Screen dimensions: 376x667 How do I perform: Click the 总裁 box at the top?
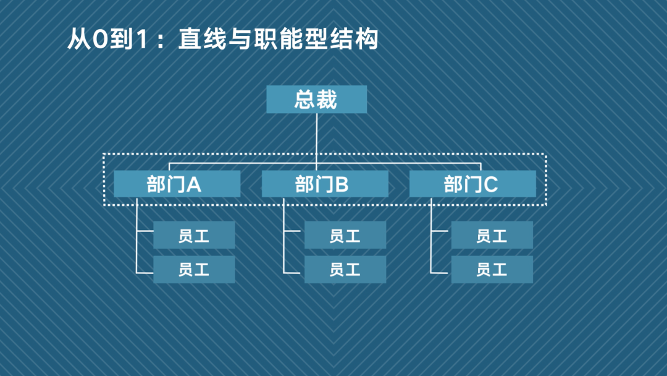pos(316,100)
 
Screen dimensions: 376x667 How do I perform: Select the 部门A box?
pos(177,184)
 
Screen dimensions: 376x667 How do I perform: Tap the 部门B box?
pos(325,184)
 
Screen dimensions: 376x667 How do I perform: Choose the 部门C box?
pos(472,184)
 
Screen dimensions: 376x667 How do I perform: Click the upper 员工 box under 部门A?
pos(194,235)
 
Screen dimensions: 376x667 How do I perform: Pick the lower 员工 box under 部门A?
pos(194,270)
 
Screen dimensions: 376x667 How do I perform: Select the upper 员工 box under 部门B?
pos(345,235)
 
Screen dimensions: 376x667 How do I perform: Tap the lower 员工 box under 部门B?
pos(345,270)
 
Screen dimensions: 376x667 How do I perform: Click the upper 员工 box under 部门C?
pos(492,235)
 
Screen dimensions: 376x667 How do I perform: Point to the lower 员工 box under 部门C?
pos(492,270)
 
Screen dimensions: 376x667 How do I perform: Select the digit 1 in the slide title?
pos(140,41)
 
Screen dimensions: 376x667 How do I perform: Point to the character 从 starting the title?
pos(78,41)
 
